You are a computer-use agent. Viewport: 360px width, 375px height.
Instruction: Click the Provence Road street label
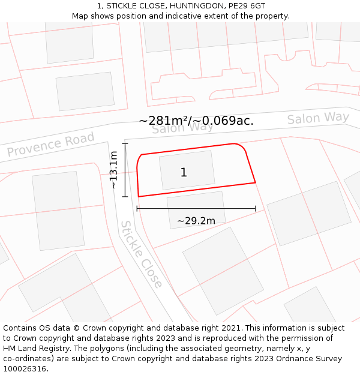tap(51, 145)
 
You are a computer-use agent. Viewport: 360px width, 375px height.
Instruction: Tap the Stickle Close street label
tap(142, 254)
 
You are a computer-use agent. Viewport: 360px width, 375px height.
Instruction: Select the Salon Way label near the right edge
tap(317, 118)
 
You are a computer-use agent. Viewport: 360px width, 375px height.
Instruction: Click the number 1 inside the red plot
tap(184, 173)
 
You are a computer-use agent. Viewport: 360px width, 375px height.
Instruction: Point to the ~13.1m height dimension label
tap(113, 170)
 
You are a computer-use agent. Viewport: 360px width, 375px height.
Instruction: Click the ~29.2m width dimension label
tap(196, 221)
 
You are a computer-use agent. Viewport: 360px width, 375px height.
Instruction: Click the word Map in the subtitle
tap(81, 16)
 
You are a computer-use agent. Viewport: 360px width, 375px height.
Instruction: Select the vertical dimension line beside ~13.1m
tap(125, 170)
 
